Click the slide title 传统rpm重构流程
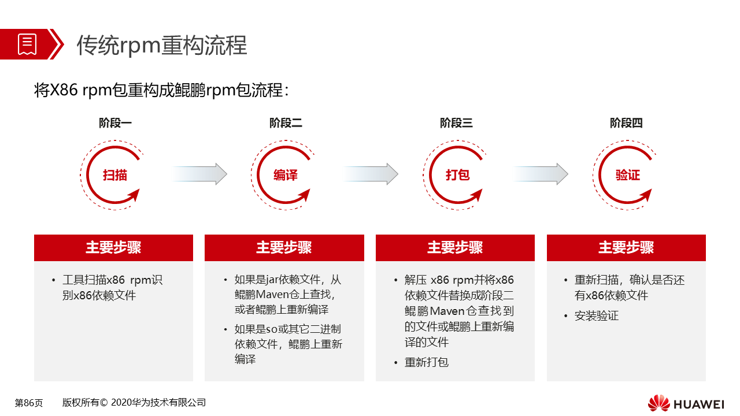162,45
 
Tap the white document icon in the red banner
27,44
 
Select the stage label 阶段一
115,123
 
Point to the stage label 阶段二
286,123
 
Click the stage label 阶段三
456,123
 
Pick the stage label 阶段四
626,123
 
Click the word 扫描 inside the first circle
115,175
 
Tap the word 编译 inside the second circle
286,175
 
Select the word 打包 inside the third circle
457,174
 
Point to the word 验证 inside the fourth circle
628,175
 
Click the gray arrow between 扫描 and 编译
199,174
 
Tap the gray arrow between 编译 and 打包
370,174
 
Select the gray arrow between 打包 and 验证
541,174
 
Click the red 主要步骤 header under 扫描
113,248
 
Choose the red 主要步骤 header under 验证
626,248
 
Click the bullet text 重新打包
427,362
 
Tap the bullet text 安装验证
597,315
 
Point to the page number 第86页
29,403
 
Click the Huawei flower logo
658,403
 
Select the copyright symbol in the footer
103,403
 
